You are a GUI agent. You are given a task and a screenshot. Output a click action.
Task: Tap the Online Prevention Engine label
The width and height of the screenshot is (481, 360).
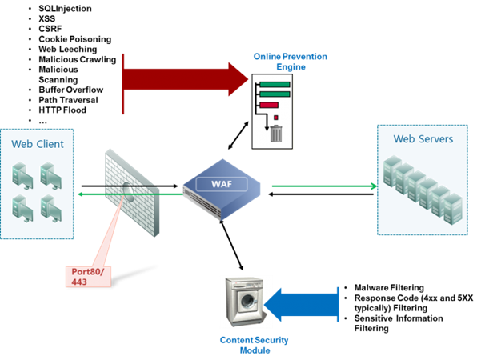(290, 62)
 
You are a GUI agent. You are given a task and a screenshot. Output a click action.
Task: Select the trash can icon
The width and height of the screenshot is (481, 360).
(276, 133)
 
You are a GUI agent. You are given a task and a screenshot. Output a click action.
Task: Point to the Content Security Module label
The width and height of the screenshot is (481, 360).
(254, 345)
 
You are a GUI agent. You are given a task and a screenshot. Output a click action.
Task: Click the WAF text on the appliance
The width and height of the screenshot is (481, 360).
(222, 184)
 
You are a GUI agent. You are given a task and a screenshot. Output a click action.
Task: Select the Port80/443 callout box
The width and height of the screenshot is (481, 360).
(88, 276)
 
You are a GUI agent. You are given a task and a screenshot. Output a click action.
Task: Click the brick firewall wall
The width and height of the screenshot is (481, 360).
(132, 192)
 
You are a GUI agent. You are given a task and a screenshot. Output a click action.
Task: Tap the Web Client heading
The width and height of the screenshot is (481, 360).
(37, 145)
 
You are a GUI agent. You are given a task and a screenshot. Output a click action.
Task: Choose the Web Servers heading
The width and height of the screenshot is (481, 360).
(423, 139)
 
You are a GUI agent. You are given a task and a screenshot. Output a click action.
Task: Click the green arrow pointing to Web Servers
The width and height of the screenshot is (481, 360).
(324, 186)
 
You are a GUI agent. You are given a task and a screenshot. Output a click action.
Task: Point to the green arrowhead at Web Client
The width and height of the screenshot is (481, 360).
(81, 194)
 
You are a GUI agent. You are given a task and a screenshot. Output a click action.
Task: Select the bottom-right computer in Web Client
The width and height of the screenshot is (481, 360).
(50, 206)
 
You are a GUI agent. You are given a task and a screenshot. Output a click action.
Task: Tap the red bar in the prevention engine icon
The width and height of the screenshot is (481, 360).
(269, 104)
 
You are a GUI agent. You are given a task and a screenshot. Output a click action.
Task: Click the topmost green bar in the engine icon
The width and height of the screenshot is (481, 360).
(275, 83)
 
